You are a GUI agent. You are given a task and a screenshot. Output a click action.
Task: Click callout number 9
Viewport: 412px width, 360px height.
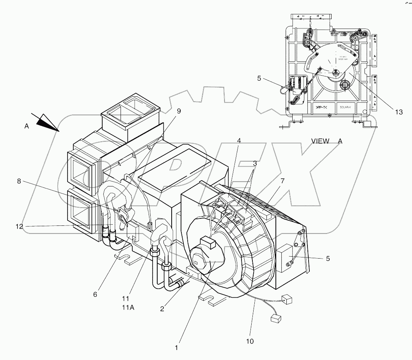coord(179,111)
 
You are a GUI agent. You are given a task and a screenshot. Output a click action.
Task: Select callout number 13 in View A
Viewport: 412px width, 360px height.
coord(398,112)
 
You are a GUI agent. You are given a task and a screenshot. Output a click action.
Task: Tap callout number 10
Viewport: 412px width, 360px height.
coord(250,341)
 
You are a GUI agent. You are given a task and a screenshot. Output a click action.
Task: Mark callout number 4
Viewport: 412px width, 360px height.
coord(238,140)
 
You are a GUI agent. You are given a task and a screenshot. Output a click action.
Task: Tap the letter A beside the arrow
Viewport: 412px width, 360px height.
coord(27,126)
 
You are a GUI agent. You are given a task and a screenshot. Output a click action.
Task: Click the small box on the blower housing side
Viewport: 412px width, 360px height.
coord(286,258)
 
